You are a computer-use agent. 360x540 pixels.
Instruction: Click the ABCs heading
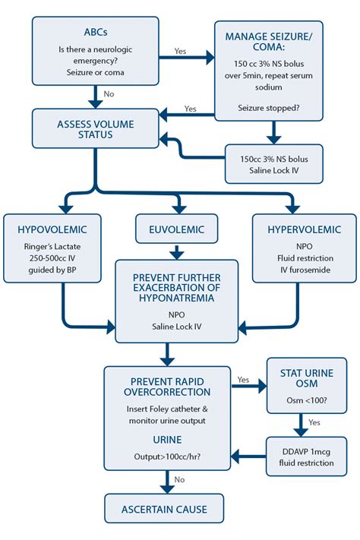point(96,33)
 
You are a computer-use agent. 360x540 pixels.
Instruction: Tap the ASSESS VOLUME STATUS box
point(96,128)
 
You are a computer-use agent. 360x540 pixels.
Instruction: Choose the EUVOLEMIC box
point(178,229)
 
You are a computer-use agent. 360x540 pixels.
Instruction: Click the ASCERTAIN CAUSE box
point(165,510)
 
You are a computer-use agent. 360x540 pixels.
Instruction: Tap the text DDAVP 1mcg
point(304,450)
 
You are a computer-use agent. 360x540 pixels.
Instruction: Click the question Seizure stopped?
point(272,106)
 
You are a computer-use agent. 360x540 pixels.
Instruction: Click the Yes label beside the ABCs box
point(181,50)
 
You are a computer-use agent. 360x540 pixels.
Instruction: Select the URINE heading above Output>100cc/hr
point(165,440)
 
